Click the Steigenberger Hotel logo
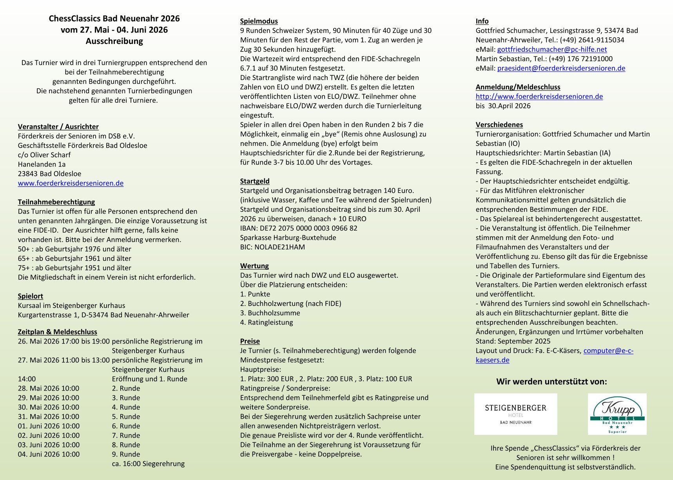pos(515,414)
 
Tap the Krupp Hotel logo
pos(617,414)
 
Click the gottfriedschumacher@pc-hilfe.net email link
pos(552,49)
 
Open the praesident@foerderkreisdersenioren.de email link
pos(561,68)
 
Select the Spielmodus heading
pos(259,21)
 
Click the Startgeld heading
pos(255,181)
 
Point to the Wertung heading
pos(254,266)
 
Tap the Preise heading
pos(250,341)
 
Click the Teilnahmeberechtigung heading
pos(56,202)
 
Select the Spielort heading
pos(30,296)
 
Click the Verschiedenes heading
pos(499,125)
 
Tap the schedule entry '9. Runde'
pos(126,454)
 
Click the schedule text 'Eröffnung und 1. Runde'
pos(149,379)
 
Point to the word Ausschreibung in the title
pos(114,41)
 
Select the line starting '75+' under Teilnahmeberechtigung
pos(74,268)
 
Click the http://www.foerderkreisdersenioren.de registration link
pos(539,96)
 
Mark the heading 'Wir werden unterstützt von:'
pos(551,382)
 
